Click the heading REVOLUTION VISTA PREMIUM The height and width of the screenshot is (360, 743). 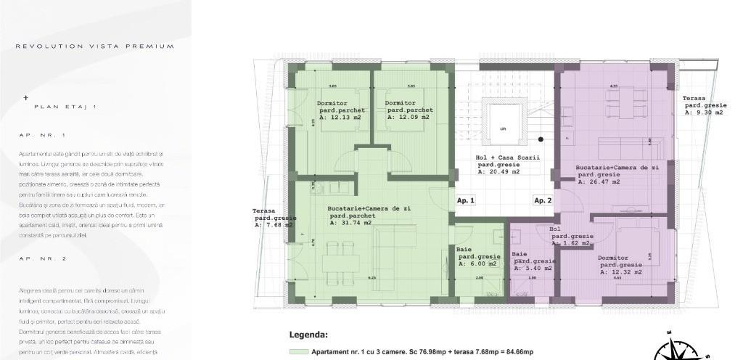[x=95, y=46]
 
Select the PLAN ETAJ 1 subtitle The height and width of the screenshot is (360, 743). [x=65, y=106]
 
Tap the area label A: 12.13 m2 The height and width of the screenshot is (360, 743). [x=339, y=117]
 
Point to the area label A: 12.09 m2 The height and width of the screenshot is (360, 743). [x=408, y=117]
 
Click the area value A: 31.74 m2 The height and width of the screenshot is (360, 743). [x=353, y=223]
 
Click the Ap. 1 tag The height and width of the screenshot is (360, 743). [x=466, y=200]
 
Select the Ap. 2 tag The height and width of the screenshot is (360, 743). [x=543, y=200]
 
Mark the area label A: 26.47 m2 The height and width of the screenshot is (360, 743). [x=599, y=182]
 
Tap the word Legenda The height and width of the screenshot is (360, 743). [x=308, y=335]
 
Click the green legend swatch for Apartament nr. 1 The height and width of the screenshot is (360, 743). [x=298, y=352]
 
